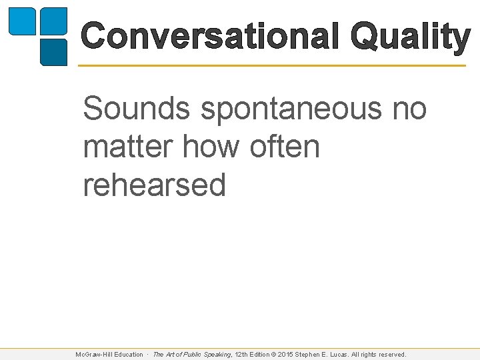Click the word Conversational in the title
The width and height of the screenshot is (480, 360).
(x=212, y=36)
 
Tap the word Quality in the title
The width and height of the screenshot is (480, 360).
(x=410, y=37)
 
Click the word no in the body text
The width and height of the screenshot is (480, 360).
(x=409, y=109)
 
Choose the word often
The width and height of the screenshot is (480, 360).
(x=285, y=146)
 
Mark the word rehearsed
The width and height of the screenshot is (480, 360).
(x=155, y=185)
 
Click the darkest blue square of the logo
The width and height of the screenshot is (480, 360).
(x=54, y=51)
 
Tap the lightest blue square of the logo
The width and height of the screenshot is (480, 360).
(x=21, y=21)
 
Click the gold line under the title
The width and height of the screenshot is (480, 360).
(x=272, y=65)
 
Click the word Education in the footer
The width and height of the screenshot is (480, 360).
(x=128, y=355)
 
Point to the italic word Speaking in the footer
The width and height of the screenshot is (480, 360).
(x=215, y=355)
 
